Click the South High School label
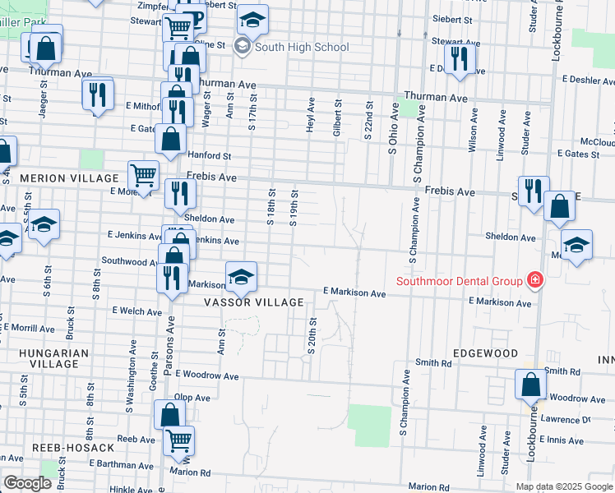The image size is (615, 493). [x=302, y=47]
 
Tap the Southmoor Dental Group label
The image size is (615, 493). [x=460, y=281]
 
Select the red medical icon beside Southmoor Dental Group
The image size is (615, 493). [x=535, y=281]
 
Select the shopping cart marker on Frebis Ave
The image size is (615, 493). [x=143, y=176]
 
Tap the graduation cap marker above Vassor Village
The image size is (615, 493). [x=241, y=276]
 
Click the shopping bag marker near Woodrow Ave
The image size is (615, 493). [x=530, y=384]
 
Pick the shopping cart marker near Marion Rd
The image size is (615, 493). [x=179, y=440]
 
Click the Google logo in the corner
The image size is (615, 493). [x=27, y=483]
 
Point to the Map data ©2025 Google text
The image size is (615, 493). [x=564, y=486]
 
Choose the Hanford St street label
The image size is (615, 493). [x=210, y=155]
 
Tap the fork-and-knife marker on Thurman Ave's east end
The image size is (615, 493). [x=459, y=58]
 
